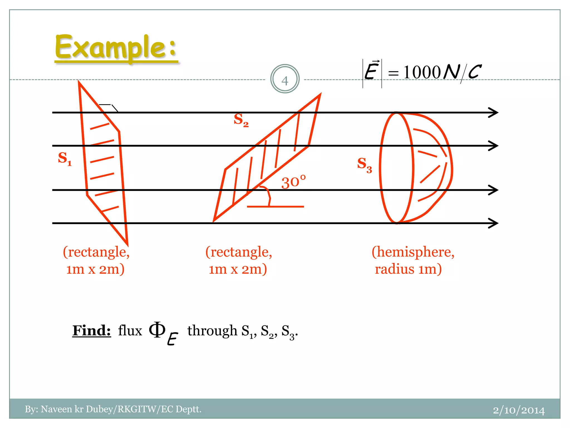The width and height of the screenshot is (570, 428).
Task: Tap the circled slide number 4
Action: [x=285, y=79]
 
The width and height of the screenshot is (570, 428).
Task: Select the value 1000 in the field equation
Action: [x=422, y=72]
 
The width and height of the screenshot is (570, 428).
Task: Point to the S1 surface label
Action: [x=65, y=159]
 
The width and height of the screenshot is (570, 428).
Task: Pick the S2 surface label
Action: [x=241, y=120]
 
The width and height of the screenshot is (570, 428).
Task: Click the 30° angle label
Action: [x=293, y=183]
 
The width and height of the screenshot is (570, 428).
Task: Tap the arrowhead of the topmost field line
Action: [x=493, y=113]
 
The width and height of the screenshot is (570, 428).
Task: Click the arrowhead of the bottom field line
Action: [x=493, y=223]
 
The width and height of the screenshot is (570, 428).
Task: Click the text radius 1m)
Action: [x=408, y=269]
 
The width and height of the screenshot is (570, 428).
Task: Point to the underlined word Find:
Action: [x=92, y=330]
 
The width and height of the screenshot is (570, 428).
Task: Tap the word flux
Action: [x=130, y=331]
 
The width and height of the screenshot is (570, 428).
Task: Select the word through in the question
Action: [x=212, y=331]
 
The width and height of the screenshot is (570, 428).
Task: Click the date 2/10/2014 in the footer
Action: [x=519, y=410]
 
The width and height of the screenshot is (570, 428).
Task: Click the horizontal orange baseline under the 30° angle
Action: [x=275, y=206]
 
